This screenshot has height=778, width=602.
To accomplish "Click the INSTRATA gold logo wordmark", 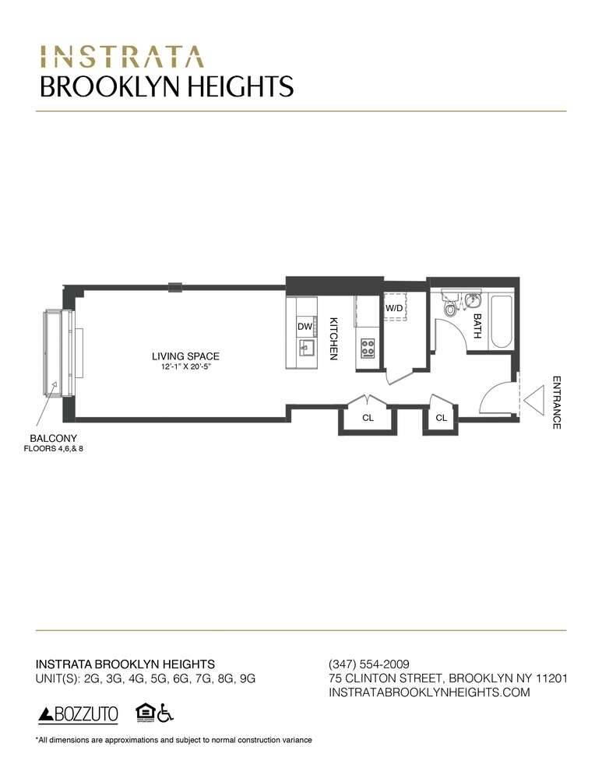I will (121, 57).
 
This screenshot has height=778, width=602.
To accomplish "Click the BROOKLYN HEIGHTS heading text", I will (167, 86).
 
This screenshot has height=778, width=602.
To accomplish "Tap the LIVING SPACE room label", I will (185, 356).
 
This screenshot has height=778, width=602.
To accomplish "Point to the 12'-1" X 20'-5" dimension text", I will (185, 368).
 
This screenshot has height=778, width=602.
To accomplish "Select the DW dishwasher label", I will (304, 328).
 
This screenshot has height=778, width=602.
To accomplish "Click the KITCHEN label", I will (333, 338).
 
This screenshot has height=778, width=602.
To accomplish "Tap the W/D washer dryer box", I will (394, 308).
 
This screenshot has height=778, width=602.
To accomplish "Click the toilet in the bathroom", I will (450, 309).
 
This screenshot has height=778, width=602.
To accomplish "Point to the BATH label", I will (477, 325).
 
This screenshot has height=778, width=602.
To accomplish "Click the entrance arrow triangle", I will (535, 402).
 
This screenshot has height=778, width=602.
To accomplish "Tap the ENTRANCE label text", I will (557, 402).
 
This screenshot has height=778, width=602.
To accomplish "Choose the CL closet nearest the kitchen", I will (368, 418).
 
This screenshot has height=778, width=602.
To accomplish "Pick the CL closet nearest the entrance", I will (441, 418).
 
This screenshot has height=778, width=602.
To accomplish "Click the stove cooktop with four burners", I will (367, 348).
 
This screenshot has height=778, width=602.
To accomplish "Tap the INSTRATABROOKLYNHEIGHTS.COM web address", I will (430, 692).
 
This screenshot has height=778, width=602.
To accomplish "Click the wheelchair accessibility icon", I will (164, 712).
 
